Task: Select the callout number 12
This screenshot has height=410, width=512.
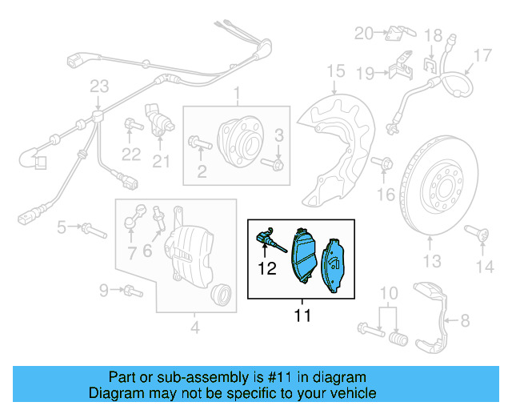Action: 266,269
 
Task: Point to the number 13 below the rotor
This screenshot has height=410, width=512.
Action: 431,260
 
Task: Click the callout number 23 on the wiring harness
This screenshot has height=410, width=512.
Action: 98,86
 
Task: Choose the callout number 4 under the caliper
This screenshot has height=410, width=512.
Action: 194,326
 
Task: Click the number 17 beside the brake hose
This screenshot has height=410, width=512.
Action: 482,55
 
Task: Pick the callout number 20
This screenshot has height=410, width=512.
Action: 364,33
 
